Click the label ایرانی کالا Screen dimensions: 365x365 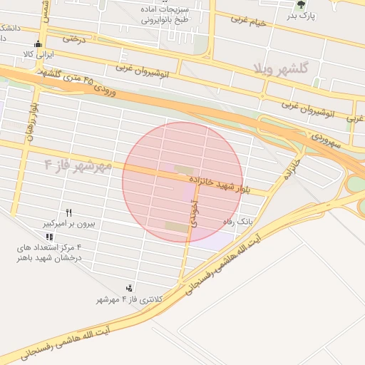tap(38, 53)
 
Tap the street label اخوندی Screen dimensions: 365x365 tap(192, 213)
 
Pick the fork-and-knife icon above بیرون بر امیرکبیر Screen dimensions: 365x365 tap(69, 212)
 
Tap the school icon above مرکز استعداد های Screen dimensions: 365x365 tap(48, 237)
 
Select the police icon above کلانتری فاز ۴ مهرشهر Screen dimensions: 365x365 tap(128, 288)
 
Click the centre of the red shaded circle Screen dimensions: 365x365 tap(182, 182)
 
